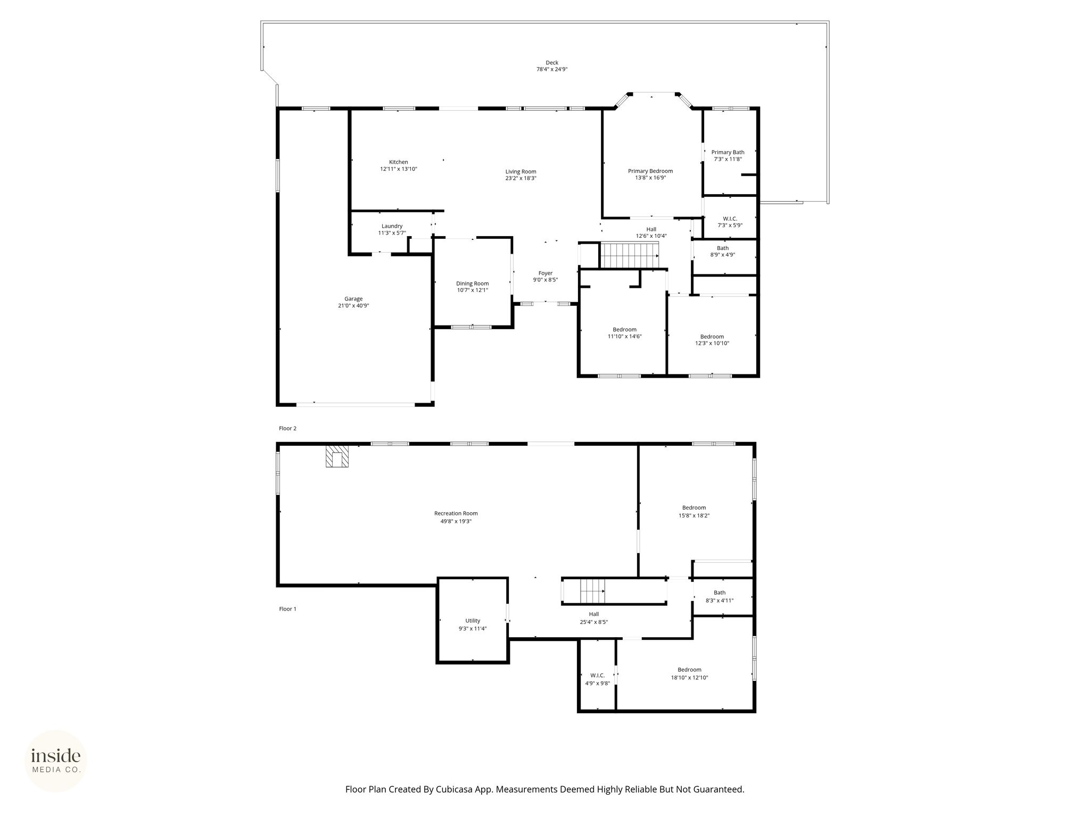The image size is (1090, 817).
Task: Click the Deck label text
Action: click(x=552, y=63)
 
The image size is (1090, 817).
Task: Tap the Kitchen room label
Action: click(x=399, y=162)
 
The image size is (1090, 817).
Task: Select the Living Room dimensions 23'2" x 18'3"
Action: click(x=521, y=179)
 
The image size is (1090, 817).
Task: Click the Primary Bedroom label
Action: click(x=650, y=171)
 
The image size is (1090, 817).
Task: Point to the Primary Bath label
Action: click(x=728, y=153)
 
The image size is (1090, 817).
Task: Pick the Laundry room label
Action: click(x=392, y=226)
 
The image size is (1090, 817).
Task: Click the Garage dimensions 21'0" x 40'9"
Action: click(x=353, y=306)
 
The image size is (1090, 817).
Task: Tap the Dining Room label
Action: click(x=473, y=284)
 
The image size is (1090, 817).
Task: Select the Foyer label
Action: click(x=546, y=273)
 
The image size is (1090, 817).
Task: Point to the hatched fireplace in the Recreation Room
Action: click(x=337, y=456)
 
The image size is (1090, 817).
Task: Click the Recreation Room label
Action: click(x=456, y=514)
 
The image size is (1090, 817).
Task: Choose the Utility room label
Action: click(x=473, y=621)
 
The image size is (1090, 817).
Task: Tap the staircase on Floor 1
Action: click(x=592, y=591)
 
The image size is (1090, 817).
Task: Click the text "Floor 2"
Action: click(x=287, y=428)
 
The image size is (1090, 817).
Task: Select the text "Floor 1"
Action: click(x=287, y=609)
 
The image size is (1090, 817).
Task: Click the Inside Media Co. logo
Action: click(x=56, y=761)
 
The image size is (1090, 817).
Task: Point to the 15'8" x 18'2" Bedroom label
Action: click(x=694, y=508)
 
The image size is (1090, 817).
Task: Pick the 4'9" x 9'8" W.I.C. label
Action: click(x=598, y=676)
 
